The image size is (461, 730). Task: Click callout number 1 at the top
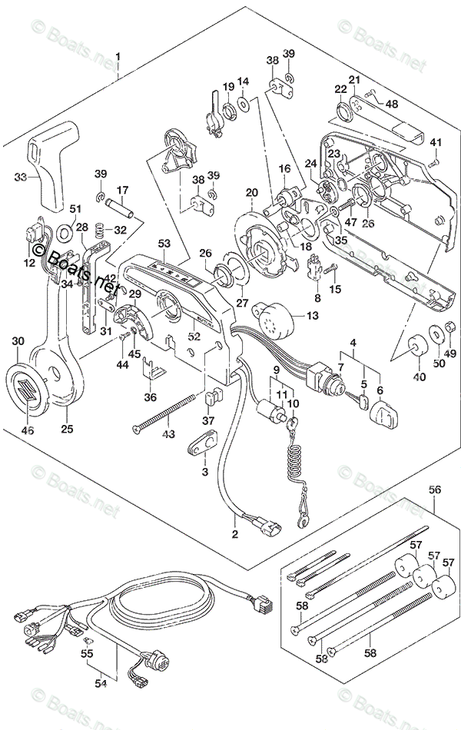tap(118, 56)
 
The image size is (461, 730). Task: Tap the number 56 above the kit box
tap(434, 489)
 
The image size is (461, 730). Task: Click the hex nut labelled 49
tap(452, 331)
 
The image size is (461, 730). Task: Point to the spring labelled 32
tap(98, 229)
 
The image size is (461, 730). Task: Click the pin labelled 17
tap(125, 208)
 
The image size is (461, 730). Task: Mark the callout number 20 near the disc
tap(252, 192)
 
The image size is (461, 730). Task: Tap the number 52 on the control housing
tap(194, 336)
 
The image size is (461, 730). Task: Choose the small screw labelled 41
tap(433, 162)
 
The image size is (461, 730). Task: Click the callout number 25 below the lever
tap(67, 428)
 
